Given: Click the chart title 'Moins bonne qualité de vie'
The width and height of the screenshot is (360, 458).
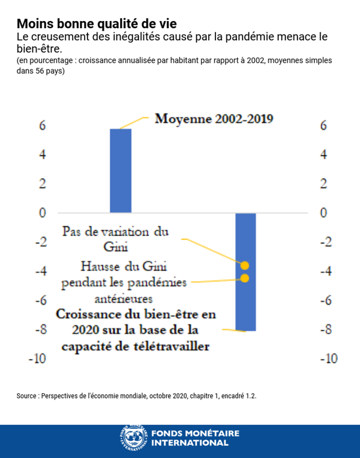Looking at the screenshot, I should pyautogui.click(x=97, y=23).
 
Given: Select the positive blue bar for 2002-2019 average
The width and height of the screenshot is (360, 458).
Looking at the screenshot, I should pyautogui.click(x=120, y=171).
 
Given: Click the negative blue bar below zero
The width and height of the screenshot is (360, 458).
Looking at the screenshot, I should pyautogui.click(x=245, y=271).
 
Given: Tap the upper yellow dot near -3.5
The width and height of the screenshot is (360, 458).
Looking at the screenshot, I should pyautogui.click(x=245, y=266).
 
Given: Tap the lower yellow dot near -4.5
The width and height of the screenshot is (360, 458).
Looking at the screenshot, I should pyautogui.click(x=245, y=278).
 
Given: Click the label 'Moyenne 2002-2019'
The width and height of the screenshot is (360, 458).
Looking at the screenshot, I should pyautogui.click(x=214, y=119).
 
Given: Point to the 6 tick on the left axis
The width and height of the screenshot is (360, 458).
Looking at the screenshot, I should pyautogui.click(x=43, y=126).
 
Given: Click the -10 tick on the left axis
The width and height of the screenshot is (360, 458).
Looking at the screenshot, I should pyautogui.click(x=38, y=359).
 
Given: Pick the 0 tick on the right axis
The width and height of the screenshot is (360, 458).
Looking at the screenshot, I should pyautogui.click(x=325, y=213).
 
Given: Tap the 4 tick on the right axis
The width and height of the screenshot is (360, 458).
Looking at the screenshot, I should pyautogui.click(x=325, y=155).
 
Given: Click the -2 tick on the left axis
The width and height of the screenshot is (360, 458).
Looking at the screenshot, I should pyautogui.click(x=40, y=242).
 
